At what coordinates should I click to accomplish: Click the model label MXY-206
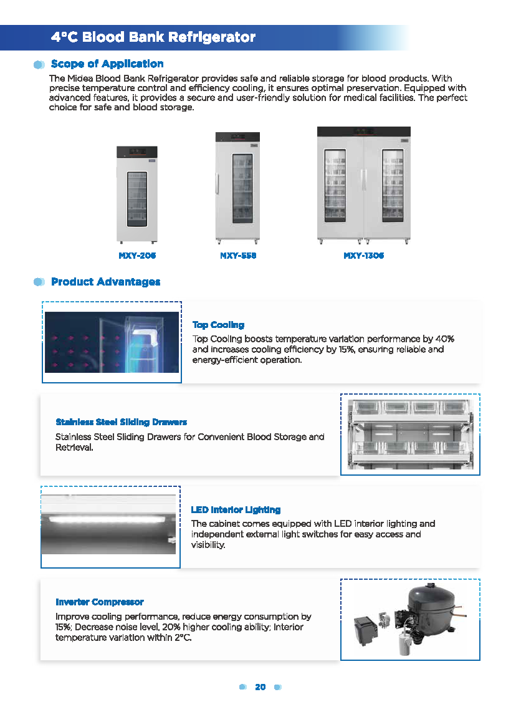tap(137, 256)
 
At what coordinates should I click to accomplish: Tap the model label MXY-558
tap(238, 256)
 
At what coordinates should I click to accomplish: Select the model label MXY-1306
tap(363, 256)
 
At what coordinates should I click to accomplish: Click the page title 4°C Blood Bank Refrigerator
tap(153, 37)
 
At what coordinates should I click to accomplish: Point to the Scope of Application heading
tap(107, 64)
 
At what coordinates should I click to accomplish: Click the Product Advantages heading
tap(105, 282)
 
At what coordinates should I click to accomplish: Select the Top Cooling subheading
tap(218, 325)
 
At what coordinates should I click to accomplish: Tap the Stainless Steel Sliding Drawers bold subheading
tap(121, 422)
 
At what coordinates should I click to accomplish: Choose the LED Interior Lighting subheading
tap(236, 510)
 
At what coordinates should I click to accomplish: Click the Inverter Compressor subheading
tap(100, 602)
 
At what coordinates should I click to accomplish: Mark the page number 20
tap(260, 687)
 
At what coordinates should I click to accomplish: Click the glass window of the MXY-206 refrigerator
tap(137, 198)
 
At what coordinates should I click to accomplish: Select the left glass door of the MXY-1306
tap(335, 186)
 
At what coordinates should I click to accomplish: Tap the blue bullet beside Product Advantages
tap(39, 282)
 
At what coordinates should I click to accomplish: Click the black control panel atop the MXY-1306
tap(363, 132)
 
